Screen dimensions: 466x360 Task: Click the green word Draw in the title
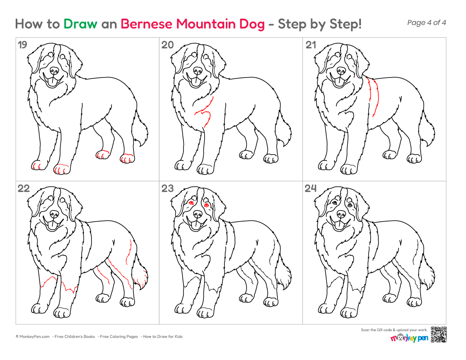pyautogui.click(x=80, y=24)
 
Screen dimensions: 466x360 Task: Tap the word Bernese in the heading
pyautogui.click(x=146, y=24)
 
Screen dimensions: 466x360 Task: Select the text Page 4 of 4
pyautogui.click(x=427, y=23)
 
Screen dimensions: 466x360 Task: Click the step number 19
pyautogui.click(x=22, y=45)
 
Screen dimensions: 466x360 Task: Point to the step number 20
pyautogui.click(x=167, y=45)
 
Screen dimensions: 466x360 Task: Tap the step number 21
pyautogui.click(x=311, y=45)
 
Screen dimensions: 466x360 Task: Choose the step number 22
pyautogui.click(x=23, y=188)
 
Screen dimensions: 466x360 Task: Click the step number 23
pyautogui.click(x=167, y=188)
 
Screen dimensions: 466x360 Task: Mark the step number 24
pyautogui.click(x=311, y=188)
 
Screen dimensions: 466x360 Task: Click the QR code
pyautogui.click(x=438, y=335)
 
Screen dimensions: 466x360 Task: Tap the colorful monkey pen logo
pyautogui.click(x=409, y=338)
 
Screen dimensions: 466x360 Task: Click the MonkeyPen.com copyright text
pyautogui.click(x=33, y=337)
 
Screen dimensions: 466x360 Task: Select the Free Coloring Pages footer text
pyautogui.click(x=119, y=337)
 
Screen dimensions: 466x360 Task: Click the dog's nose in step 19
pyautogui.click(x=54, y=70)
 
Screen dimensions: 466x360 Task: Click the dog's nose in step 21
pyautogui.click(x=341, y=70)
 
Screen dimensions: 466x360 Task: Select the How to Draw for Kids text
pyautogui.click(x=163, y=337)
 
